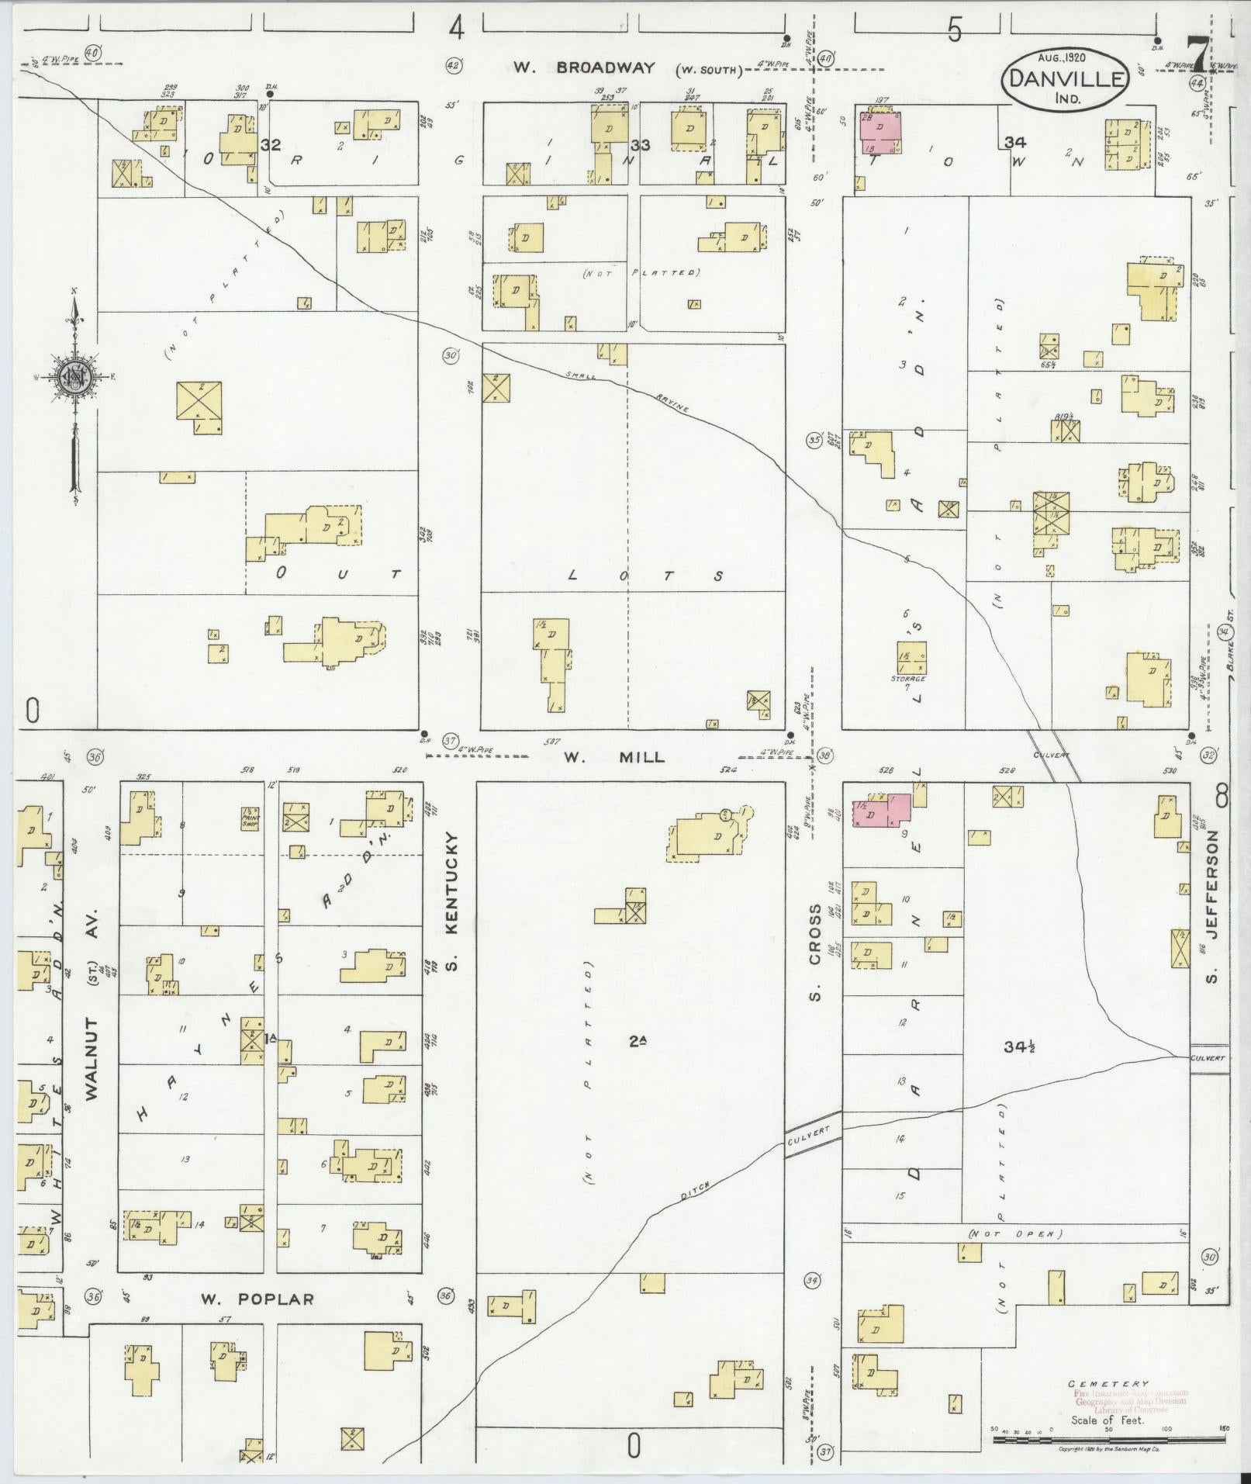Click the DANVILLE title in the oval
point(1063,79)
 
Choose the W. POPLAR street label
point(257,1299)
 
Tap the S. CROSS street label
point(814,951)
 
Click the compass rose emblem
point(74,377)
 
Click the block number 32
point(270,145)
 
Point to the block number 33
point(640,145)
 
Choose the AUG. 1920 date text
point(1062,57)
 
